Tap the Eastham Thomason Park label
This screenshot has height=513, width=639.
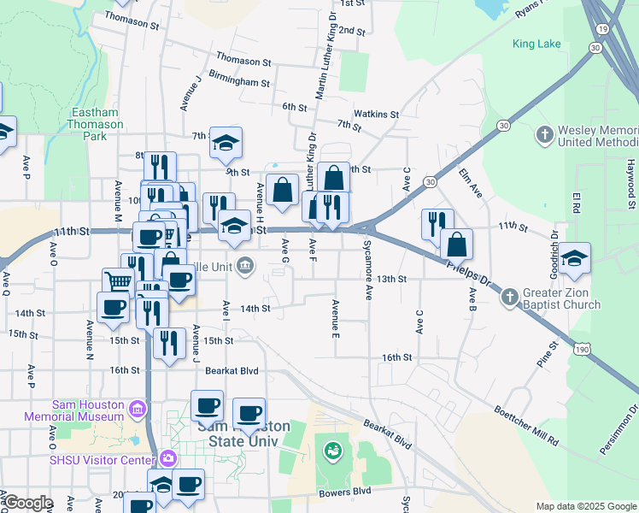click(95, 124)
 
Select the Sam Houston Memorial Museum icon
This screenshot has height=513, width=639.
click(137, 410)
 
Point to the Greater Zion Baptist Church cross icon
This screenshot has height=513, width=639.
click(509, 297)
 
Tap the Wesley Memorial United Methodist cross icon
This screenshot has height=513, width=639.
click(545, 135)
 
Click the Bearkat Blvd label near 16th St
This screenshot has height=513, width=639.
click(232, 371)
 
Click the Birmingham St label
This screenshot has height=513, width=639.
click(243, 84)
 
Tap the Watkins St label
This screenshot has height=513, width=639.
click(377, 114)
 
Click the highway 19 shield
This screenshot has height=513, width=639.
click(604, 29)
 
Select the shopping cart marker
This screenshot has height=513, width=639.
click(119, 281)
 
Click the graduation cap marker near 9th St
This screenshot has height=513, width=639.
click(226, 142)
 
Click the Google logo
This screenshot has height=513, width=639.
click(28, 503)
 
